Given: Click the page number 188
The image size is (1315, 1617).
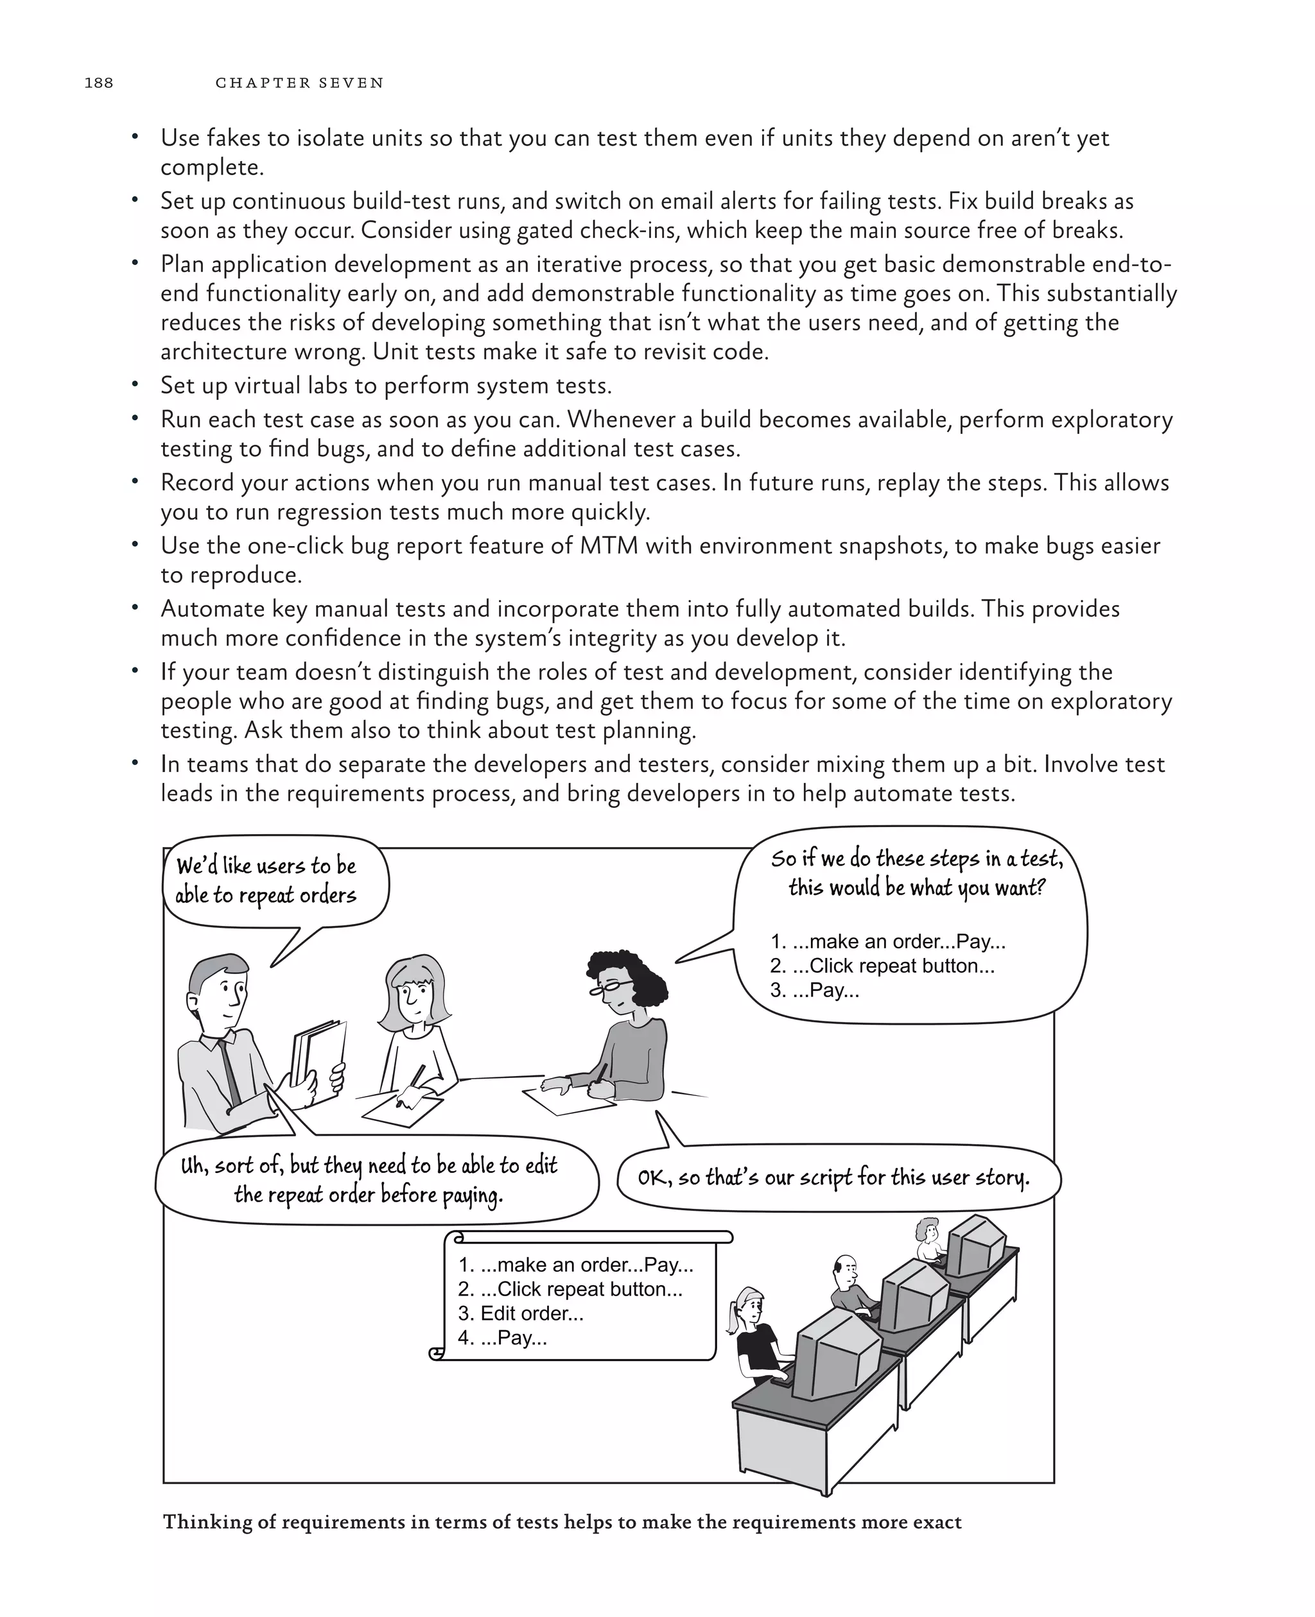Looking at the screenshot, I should point(98,83).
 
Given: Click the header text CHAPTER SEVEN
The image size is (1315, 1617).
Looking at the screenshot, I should point(299,83).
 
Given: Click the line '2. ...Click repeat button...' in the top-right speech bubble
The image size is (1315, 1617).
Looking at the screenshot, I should point(882,965).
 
